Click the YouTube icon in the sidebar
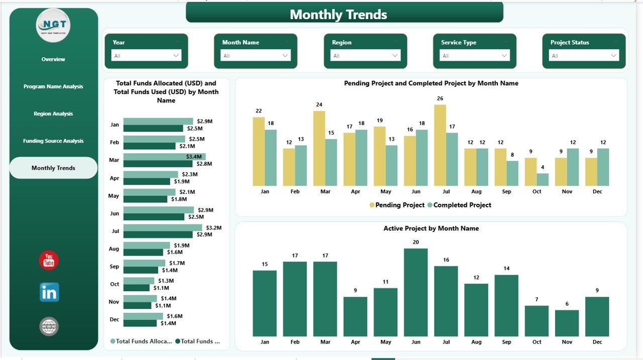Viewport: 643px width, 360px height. coord(49,260)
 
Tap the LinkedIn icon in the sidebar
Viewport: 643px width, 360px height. coord(49,292)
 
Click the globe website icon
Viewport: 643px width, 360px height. coord(49,327)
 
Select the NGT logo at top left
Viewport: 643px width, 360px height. coord(53,25)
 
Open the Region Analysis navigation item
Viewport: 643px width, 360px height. coord(53,114)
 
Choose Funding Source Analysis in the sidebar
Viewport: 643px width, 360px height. coord(53,141)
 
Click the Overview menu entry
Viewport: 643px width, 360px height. coord(53,59)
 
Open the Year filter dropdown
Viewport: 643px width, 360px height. coord(147,56)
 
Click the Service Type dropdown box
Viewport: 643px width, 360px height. coord(475,56)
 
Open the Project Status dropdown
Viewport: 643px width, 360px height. coord(584,56)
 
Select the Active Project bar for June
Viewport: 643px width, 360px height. coord(415,292)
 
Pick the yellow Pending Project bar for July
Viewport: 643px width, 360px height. coord(440,145)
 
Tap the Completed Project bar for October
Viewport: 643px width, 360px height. coord(543,180)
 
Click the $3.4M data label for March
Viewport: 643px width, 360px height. coord(194,157)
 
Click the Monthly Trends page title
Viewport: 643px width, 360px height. coord(338,15)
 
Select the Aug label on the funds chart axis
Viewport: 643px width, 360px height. coord(115,249)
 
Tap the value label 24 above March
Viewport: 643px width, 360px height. coord(319,105)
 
